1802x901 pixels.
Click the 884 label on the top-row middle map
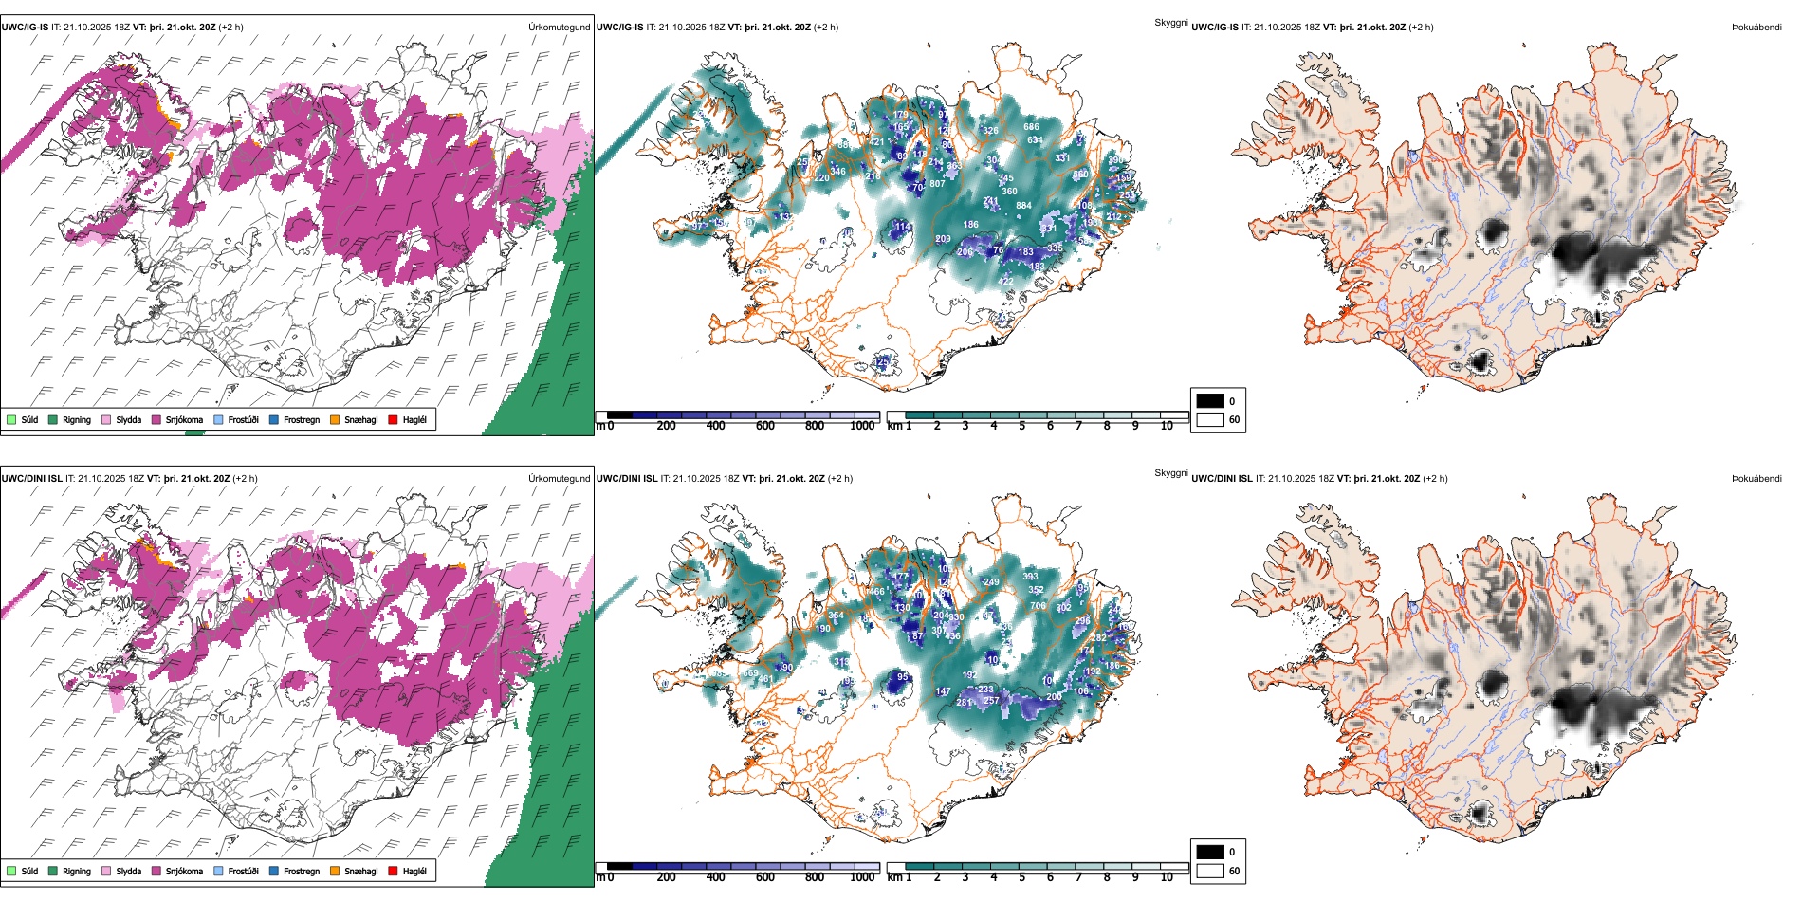tap(1023, 205)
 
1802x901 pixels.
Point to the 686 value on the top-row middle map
tap(1031, 127)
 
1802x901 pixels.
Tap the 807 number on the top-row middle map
tap(937, 184)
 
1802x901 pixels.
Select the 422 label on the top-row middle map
tap(1005, 281)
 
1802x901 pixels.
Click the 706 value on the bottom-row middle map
tap(1038, 605)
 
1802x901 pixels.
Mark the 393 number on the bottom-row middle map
tap(1030, 576)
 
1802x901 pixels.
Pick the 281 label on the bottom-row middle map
tap(964, 703)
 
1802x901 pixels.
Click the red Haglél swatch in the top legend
tap(393, 419)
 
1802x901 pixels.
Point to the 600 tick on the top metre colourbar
tap(764, 426)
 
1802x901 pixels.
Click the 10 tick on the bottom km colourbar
tap(1167, 877)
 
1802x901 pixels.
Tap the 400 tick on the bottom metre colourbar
tap(715, 877)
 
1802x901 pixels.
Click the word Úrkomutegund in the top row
tap(559, 27)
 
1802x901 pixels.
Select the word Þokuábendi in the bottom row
tap(1756, 478)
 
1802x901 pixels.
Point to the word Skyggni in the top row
tap(1170, 22)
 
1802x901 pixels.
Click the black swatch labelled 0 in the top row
tap(1210, 400)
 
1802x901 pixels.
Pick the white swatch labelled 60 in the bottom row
tap(1210, 871)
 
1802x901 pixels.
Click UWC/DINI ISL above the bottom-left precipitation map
tap(31, 478)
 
